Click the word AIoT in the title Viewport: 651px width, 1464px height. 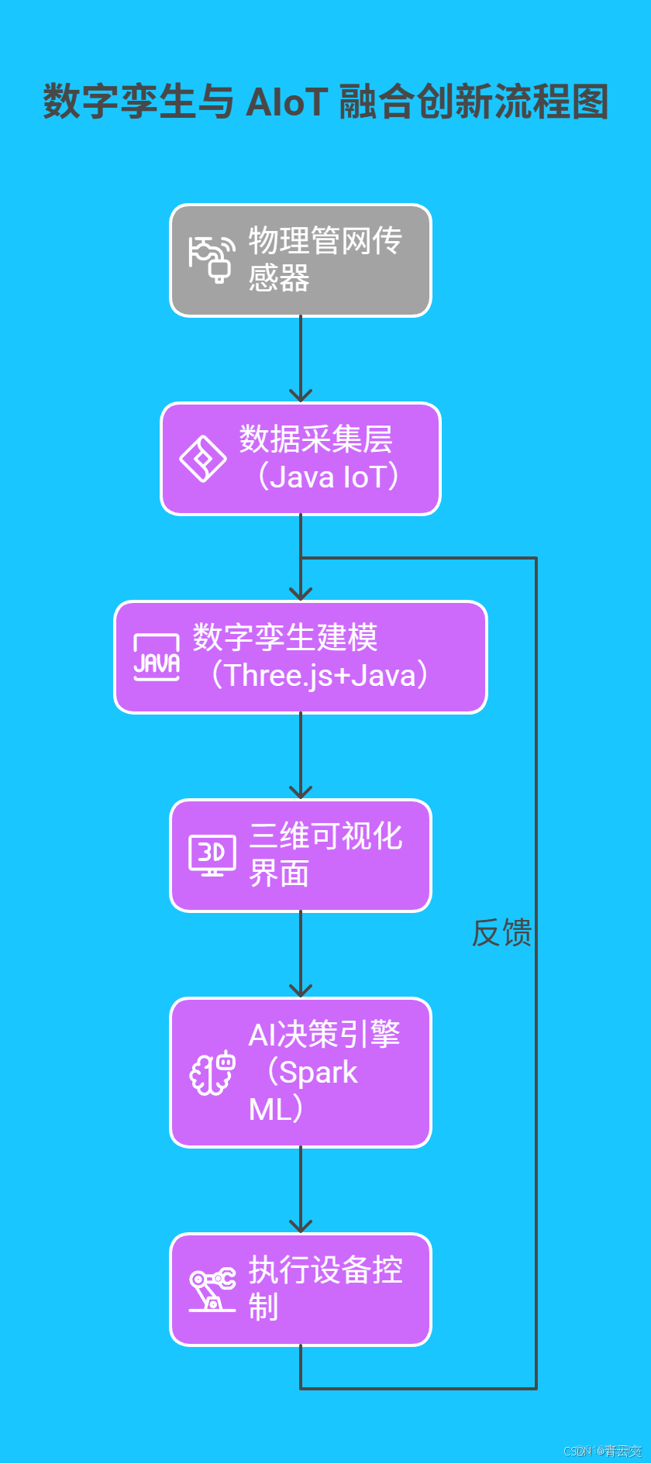point(287,102)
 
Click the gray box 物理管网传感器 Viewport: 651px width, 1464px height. point(301,260)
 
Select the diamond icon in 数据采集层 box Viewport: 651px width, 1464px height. point(203,459)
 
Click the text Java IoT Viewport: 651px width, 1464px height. point(328,477)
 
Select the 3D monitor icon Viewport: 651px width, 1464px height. point(212,856)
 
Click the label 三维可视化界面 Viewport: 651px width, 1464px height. point(325,855)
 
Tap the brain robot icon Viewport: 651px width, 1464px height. point(212,1073)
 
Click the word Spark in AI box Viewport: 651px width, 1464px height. point(318,1073)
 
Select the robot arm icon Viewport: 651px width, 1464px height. point(212,1290)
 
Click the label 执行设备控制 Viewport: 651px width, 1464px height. point(325,1288)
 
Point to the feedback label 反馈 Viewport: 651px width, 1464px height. point(501,932)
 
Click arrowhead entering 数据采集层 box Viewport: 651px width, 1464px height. point(301,395)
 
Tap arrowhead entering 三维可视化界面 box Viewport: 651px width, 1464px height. point(301,792)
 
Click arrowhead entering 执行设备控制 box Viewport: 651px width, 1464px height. point(301,1226)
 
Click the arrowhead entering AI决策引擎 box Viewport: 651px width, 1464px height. point(301,990)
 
